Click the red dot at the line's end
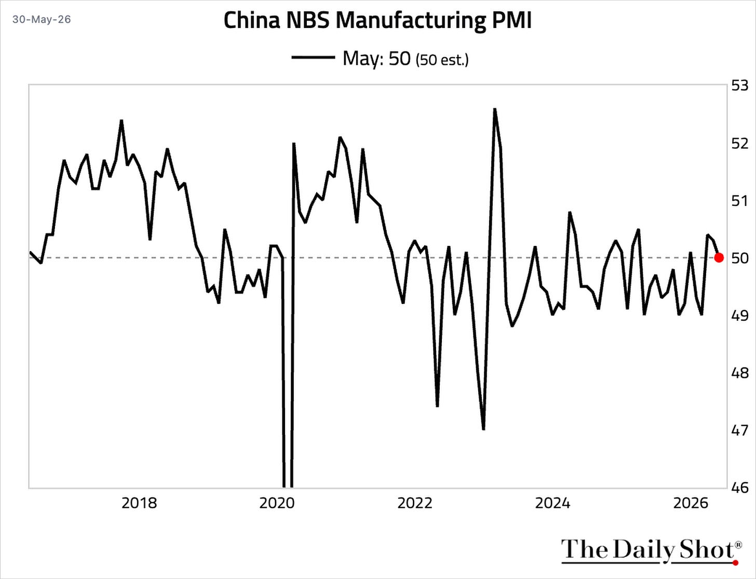pyautogui.click(x=719, y=257)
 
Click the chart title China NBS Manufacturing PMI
pyautogui.click(x=377, y=20)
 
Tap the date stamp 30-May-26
pyautogui.click(x=42, y=19)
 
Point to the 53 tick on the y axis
pyautogui.click(x=740, y=85)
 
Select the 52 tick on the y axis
pyautogui.click(x=740, y=143)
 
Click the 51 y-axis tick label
pyautogui.click(x=740, y=201)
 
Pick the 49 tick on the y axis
pyautogui.click(x=740, y=315)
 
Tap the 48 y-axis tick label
pyautogui.click(x=740, y=373)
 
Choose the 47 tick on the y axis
pyautogui.click(x=740, y=430)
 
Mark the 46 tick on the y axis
pyautogui.click(x=740, y=488)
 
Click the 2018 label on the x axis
pyautogui.click(x=139, y=504)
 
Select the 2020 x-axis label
pyautogui.click(x=277, y=504)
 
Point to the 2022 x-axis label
pyautogui.click(x=415, y=504)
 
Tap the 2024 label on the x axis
pyautogui.click(x=552, y=504)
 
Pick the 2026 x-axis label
pyautogui.click(x=691, y=504)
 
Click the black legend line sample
pyautogui.click(x=313, y=58)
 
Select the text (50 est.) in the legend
pyautogui.click(x=442, y=60)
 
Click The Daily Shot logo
pyautogui.click(x=651, y=551)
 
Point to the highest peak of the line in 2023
pyautogui.click(x=495, y=109)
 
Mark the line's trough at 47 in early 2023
pyautogui.click(x=483, y=429)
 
